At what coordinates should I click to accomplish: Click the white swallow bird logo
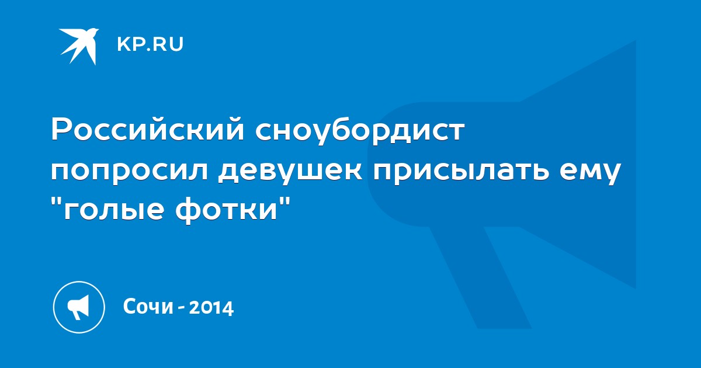pyautogui.click(x=79, y=46)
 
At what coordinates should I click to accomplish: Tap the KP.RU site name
pyautogui.click(x=150, y=44)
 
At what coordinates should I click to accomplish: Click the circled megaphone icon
pyautogui.click(x=79, y=307)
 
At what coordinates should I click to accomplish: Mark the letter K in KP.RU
pyautogui.click(x=123, y=44)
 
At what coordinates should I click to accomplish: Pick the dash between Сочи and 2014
pyautogui.click(x=181, y=308)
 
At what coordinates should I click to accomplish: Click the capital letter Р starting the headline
pyautogui.click(x=61, y=129)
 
